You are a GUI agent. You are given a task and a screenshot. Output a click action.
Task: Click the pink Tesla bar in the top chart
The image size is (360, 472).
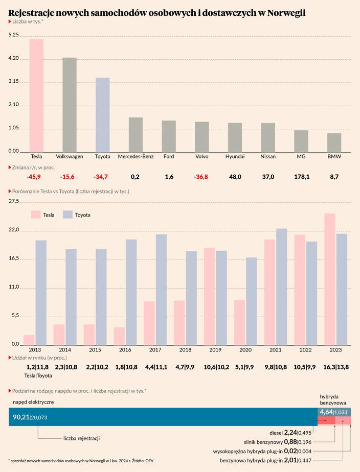[x=36, y=96]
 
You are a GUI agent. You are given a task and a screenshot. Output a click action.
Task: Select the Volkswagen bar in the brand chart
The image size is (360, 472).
[x=70, y=105]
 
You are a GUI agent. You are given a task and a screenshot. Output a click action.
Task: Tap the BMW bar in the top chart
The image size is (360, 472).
[x=334, y=142]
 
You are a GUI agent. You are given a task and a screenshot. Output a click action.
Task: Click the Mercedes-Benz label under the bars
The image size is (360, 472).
[x=136, y=157]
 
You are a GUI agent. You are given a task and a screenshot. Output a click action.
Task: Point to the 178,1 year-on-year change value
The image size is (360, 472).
[x=301, y=177]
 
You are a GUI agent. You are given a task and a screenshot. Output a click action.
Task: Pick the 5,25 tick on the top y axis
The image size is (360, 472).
[x=14, y=35]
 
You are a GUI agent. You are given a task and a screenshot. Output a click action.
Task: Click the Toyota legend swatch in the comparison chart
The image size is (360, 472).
[x=67, y=215]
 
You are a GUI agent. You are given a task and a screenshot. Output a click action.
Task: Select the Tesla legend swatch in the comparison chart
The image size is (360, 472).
[x=35, y=215]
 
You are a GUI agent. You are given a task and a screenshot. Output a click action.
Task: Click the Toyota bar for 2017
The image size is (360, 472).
[x=161, y=289]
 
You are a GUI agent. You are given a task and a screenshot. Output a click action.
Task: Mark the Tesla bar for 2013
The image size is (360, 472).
[x=29, y=340]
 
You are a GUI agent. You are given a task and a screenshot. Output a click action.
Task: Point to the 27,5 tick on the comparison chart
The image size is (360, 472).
[x=14, y=202]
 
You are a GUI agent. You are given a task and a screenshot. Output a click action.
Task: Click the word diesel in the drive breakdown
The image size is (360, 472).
[x=276, y=433]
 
